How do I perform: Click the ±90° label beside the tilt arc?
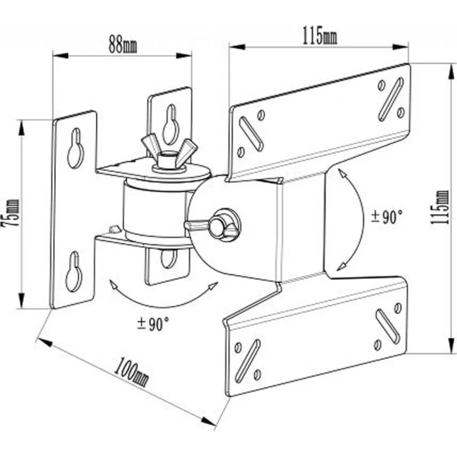click(x=387, y=217)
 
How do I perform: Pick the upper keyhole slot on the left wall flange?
click(x=75, y=148)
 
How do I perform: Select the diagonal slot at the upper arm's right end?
click(x=391, y=99)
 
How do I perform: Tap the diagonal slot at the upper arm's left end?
click(x=251, y=133)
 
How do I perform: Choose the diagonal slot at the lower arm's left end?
click(x=247, y=357)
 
